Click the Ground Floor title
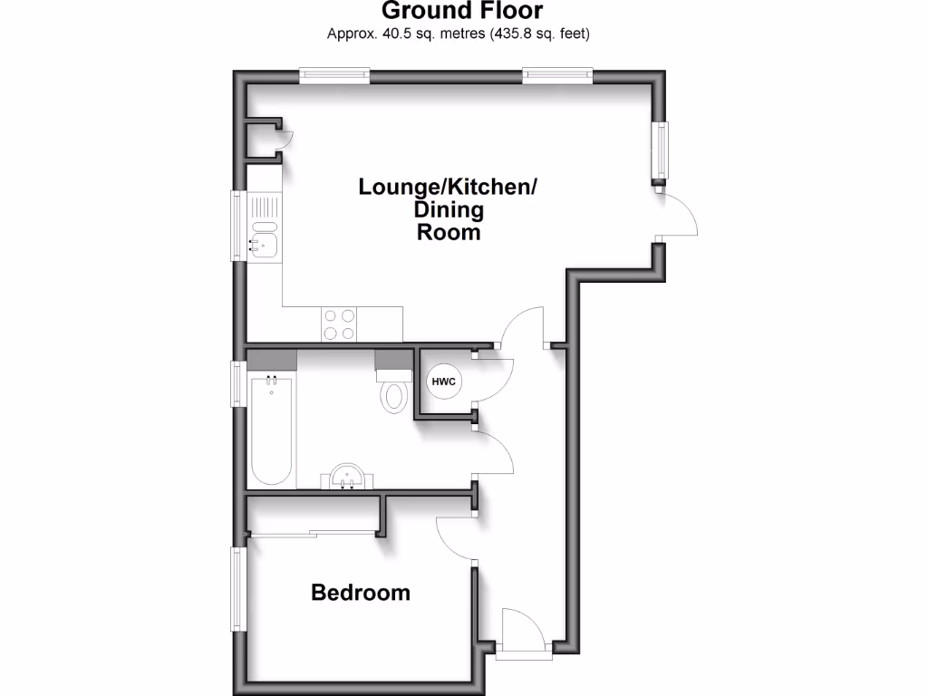tap(462, 12)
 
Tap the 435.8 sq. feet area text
tap(540, 34)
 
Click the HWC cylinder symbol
tap(443, 382)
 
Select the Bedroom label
tap(360, 593)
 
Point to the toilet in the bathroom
tap(394, 392)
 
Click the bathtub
tap(271, 430)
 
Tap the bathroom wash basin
tap(348, 477)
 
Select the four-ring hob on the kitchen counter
tap(339, 324)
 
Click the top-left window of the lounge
tap(334, 76)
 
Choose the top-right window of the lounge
tap(557, 76)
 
